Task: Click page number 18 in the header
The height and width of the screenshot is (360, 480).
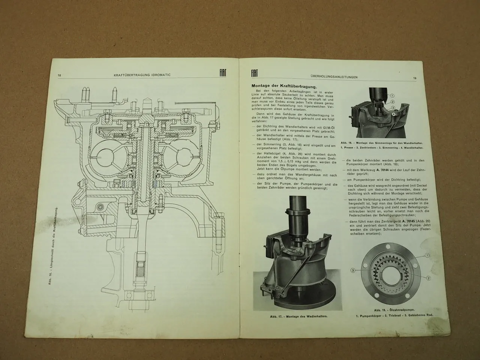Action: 60,75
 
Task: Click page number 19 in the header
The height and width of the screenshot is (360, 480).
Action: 415,78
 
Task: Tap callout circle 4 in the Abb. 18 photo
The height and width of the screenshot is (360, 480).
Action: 394,113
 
